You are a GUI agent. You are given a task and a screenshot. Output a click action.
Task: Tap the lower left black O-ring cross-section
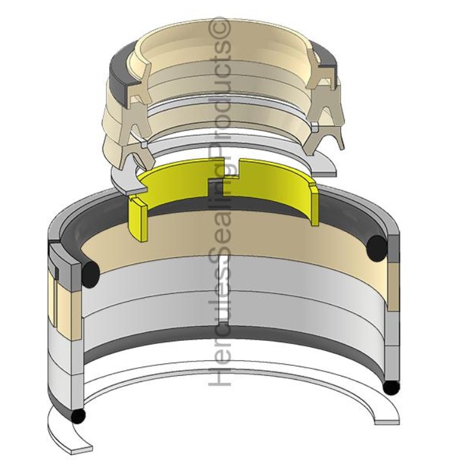point(77,415)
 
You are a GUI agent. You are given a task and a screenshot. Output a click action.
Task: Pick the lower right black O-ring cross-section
point(391,387)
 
